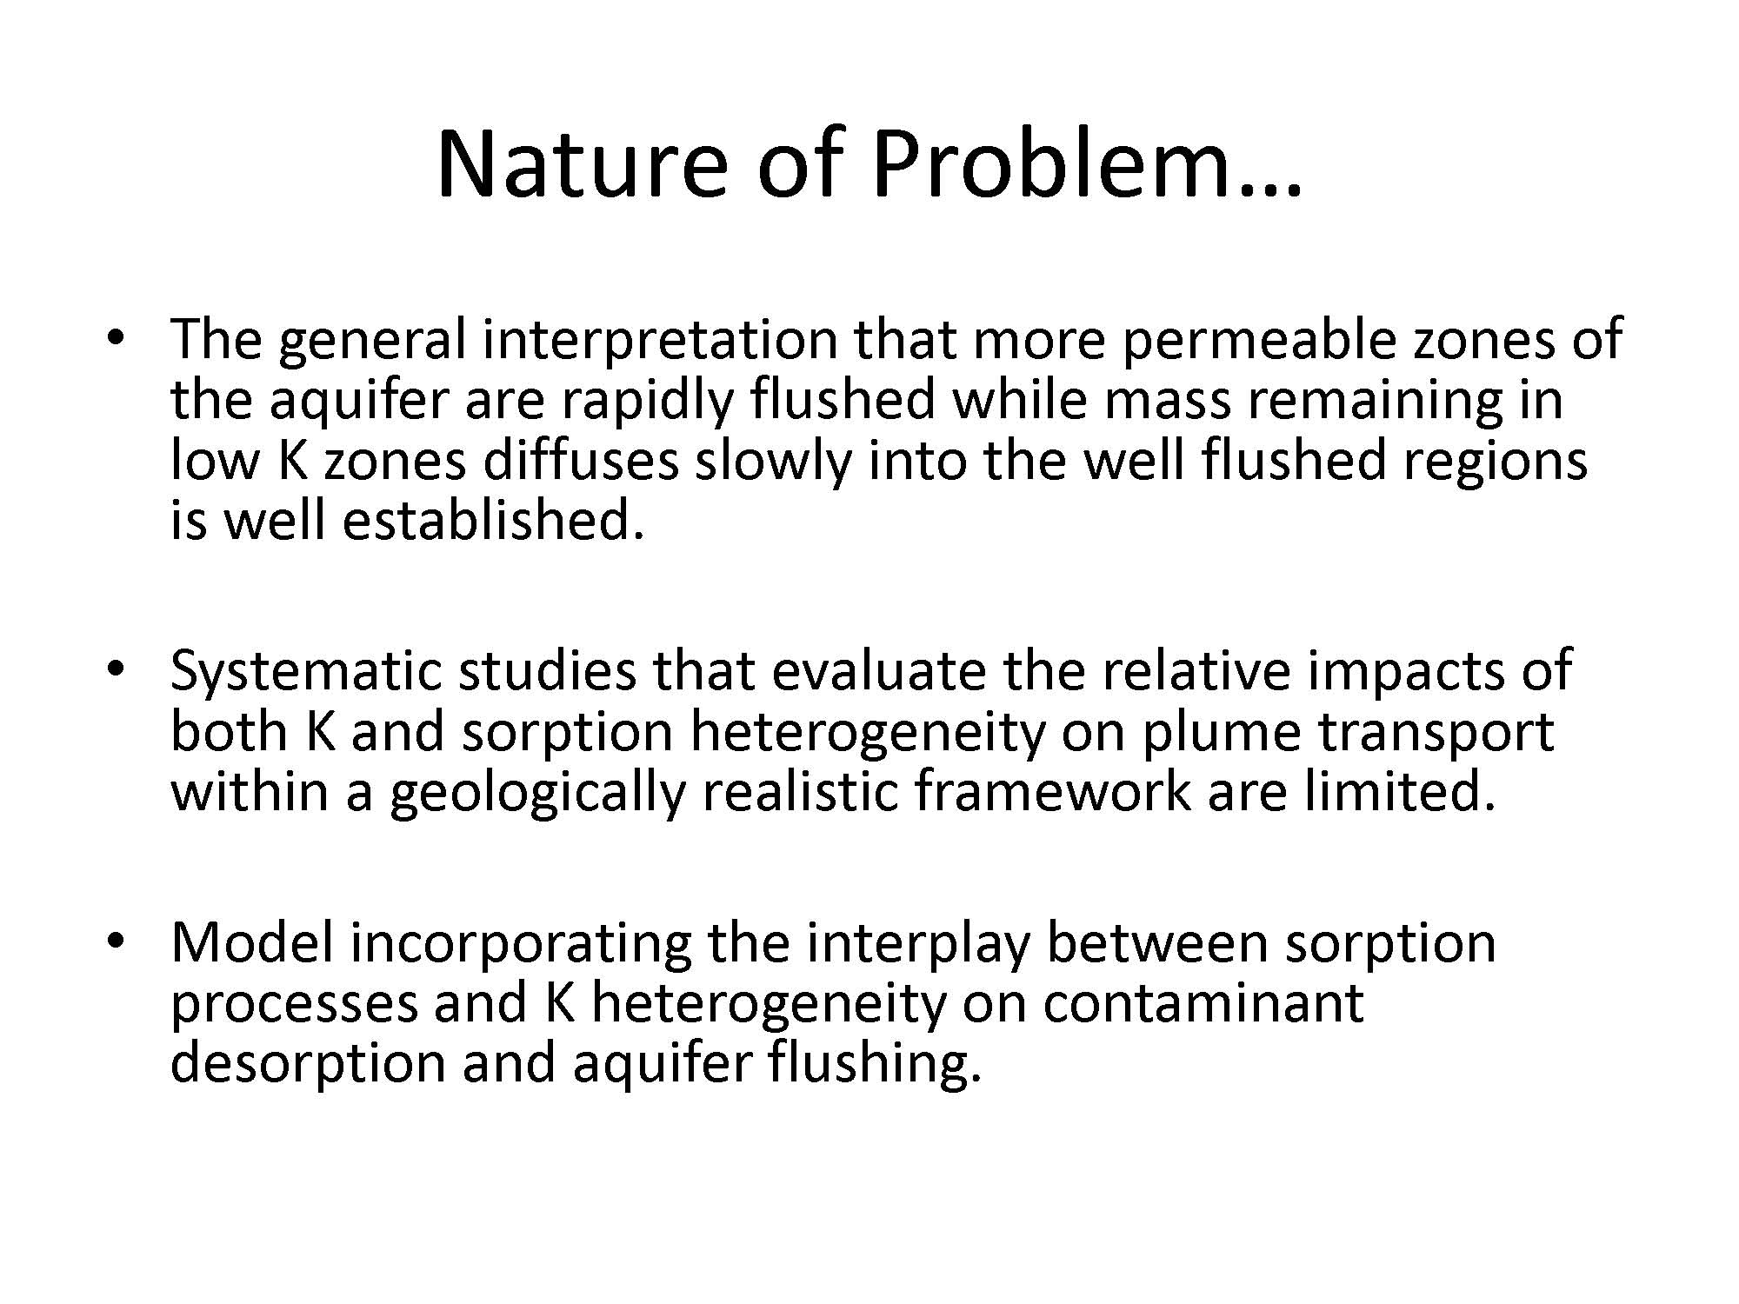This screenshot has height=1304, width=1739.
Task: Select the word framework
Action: [1052, 792]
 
